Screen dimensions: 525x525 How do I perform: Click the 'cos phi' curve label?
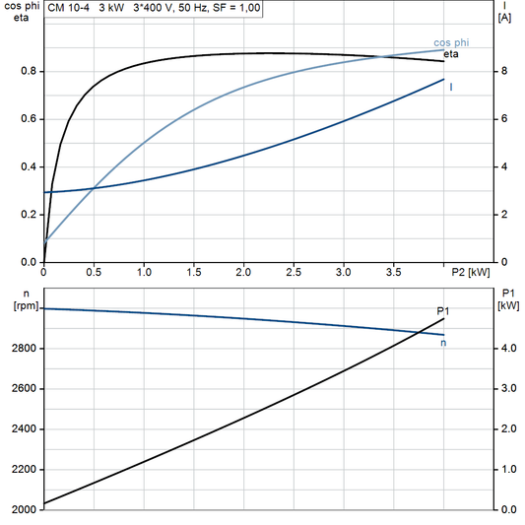452,42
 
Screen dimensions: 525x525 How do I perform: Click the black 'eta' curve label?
452,54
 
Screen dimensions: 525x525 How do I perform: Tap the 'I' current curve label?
451,88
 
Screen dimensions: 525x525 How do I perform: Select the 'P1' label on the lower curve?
443,311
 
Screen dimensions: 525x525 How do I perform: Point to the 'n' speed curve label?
443,343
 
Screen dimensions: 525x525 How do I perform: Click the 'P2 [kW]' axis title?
471,271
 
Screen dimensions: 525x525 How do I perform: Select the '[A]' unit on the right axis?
504,18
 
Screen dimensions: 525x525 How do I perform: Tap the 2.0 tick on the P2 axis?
243,271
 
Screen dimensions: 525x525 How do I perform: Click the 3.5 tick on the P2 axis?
393,271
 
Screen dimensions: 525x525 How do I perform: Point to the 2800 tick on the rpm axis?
24,349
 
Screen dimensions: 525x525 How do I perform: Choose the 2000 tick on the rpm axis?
24,509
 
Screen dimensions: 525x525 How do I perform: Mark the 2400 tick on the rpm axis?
24,429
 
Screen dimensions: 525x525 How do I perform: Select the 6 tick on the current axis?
503,119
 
